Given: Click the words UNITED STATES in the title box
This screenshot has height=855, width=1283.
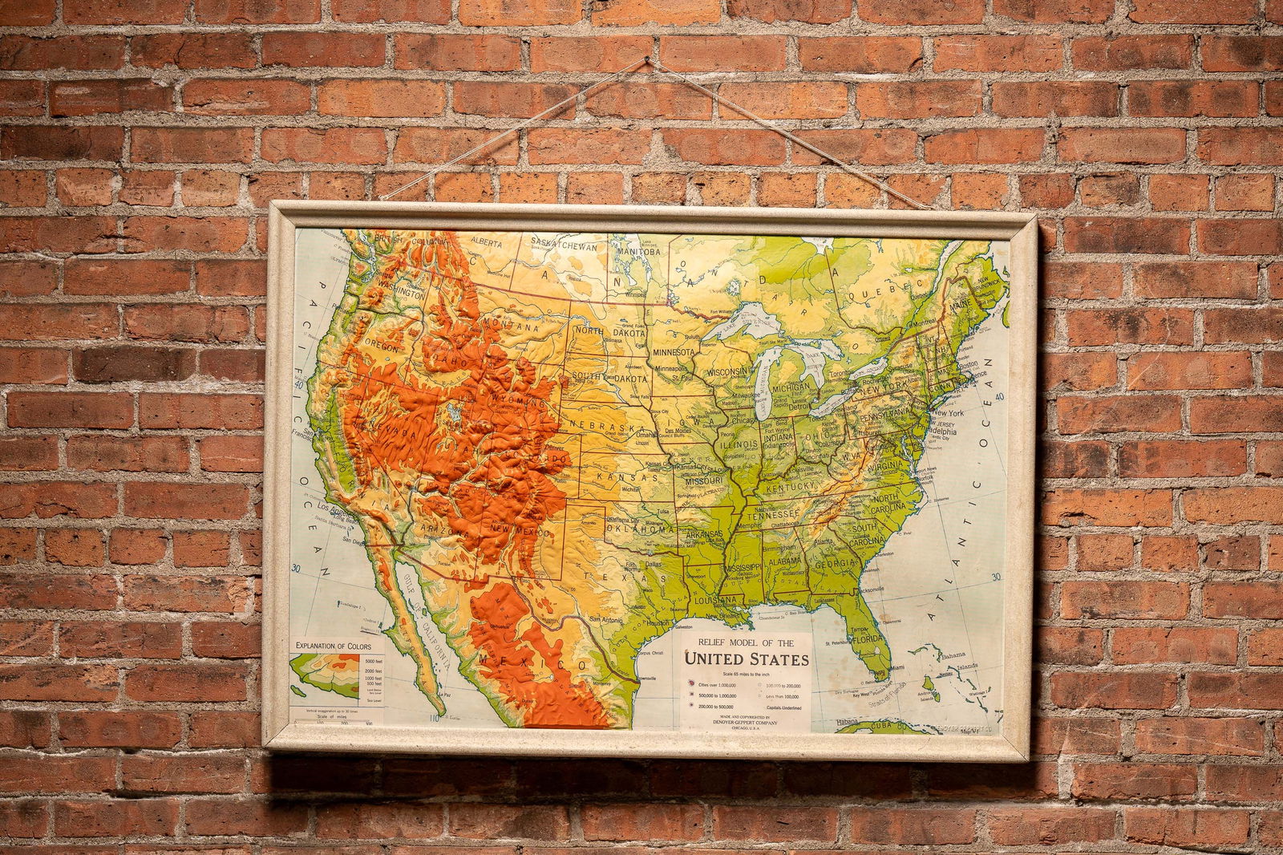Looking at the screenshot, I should [746, 659].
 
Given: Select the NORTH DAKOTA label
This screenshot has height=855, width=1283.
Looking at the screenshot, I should [609, 332].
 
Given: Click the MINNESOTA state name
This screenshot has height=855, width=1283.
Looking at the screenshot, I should [674, 352].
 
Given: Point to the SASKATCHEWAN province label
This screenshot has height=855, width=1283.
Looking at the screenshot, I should [565, 246].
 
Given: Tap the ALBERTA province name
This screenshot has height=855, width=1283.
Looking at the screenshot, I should [486, 241].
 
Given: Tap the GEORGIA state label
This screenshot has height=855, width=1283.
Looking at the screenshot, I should [833, 564].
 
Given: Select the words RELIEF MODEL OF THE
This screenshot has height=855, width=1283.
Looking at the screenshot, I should [746, 642].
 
